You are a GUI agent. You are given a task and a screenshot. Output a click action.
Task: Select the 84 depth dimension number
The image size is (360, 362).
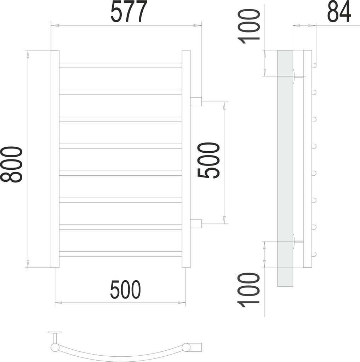tap(339, 12)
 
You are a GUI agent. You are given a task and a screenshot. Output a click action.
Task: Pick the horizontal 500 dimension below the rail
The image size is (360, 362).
tap(125, 290)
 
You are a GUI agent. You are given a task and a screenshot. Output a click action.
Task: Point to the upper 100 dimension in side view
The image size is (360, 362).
tap(250, 27)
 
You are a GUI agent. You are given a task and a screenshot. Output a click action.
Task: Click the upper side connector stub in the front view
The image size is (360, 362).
tap(196, 102)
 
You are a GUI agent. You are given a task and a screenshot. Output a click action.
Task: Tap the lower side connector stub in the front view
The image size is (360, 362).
tap(196, 223)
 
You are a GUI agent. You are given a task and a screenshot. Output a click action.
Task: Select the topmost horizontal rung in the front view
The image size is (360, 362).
tap(120, 65)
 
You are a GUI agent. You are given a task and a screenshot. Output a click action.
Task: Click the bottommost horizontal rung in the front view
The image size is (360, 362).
tap(120, 254)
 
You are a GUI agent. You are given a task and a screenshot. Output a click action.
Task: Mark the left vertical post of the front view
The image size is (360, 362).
tap(55, 159)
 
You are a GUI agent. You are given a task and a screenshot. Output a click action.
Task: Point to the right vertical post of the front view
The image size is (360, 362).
tap(186, 159)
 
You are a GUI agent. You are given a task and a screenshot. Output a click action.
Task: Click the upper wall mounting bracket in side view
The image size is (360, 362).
tap(297, 76)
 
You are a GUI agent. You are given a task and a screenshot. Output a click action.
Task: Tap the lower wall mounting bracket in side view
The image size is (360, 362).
tap(297, 241)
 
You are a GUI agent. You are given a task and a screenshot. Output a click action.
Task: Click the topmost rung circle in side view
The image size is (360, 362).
tap(314, 65)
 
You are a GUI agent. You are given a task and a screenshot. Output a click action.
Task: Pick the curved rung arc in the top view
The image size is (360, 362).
tap(120, 354)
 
